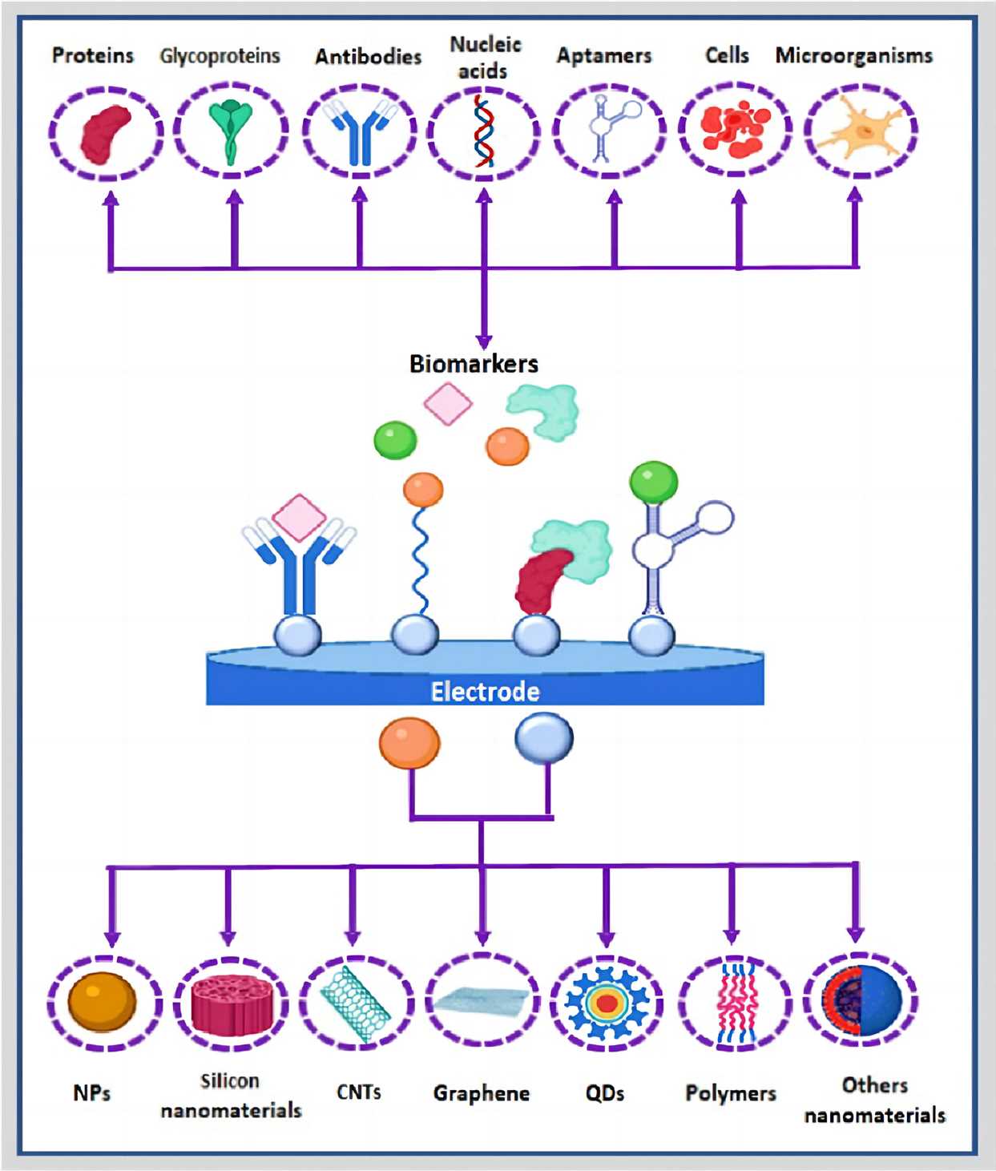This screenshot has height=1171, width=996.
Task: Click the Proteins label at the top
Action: click(x=92, y=55)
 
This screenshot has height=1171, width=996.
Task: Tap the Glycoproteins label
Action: click(x=220, y=56)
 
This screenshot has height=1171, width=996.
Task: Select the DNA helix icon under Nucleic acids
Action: click(x=483, y=131)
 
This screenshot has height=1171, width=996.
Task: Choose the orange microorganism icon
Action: click(x=861, y=131)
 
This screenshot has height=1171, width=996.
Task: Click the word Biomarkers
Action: click(x=474, y=364)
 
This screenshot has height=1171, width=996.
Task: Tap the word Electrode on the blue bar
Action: click(x=485, y=691)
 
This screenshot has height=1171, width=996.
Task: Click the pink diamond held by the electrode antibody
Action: click(x=299, y=517)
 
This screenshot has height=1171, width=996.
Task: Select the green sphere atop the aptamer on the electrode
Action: click(x=654, y=483)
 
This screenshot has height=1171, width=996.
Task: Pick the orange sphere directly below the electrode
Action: click(x=409, y=742)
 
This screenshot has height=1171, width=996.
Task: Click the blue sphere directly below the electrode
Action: click(x=544, y=738)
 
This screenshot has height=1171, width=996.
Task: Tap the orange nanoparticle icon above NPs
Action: click(x=103, y=1001)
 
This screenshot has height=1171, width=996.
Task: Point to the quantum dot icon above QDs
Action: click(x=607, y=1003)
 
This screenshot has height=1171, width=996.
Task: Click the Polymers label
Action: click(x=731, y=1093)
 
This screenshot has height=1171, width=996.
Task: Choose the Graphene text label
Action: click(x=482, y=1093)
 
